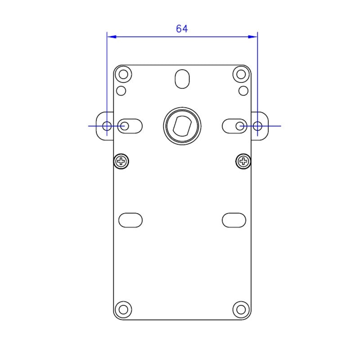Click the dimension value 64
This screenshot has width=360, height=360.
pyautogui.click(x=182, y=29)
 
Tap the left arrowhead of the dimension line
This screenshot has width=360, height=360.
pyautogui.click(x=112, y=37)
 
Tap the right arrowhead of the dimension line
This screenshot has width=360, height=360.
pyautogui.click(x=253, y=37)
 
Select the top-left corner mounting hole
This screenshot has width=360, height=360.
pyautogui.click(x=123, y=74)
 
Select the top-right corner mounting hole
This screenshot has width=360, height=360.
pyautogui.click(x=241, y=74)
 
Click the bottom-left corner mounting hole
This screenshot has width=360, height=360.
pyautogui.click(x=123, y=310)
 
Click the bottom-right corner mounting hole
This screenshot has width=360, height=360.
pyautogui.click(x=241, y=310)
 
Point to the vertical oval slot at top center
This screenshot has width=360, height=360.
pyautogui.click(x=182, y=79)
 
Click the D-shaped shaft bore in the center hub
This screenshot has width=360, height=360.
pyautogui.click(x=182, y=126)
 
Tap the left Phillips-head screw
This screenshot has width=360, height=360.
pyautogui.click(x=121, y=162)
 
